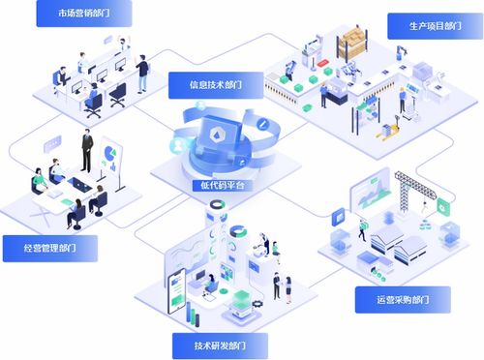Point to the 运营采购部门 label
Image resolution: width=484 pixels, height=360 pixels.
tap(402, 299)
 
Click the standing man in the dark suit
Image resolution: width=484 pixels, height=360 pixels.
tap(86, 151)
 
